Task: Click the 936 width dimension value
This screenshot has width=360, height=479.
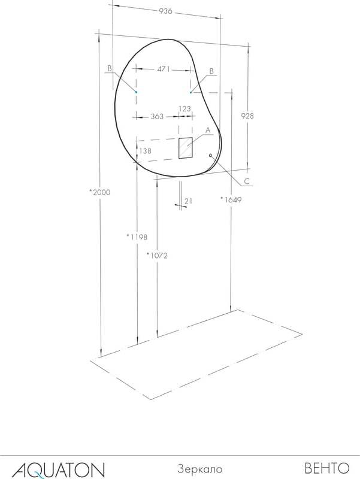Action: coord(166,11)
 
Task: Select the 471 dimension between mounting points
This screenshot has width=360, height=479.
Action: coord(164,69)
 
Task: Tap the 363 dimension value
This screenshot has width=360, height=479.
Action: coord(157,116)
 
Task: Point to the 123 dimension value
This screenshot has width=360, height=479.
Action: coord(185,108)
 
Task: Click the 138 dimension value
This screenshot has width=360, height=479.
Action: coord(145,151)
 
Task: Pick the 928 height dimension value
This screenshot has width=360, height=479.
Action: coord(247,116)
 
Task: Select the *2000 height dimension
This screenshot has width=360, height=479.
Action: coord(99,192)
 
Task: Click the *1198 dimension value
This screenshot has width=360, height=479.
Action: coord(137,237)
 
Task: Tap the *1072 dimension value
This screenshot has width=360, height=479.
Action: coord(157,256)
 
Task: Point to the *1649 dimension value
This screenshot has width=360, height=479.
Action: coord(231,200)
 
